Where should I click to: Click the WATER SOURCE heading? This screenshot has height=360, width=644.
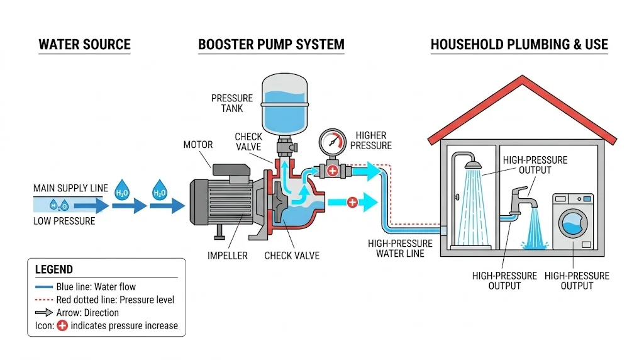tap(84, 45)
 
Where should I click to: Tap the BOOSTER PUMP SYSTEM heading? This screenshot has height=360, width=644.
tap(271, 45)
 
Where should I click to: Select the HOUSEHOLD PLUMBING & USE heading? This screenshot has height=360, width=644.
tap(519, 45)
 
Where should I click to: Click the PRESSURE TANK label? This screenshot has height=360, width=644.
tap(231, 103)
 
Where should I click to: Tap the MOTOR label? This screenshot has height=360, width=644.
tap(197, 145)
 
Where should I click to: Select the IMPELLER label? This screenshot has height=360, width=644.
tap(228, 256)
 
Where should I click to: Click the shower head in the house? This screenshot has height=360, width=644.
tap(473, 165)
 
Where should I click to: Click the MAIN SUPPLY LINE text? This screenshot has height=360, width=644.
tap(70, 188)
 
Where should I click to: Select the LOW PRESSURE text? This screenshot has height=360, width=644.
tap(64, 221)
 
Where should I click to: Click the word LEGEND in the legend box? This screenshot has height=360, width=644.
tap(53, 269)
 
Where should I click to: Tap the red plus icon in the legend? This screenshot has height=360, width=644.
tap(62, 325)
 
